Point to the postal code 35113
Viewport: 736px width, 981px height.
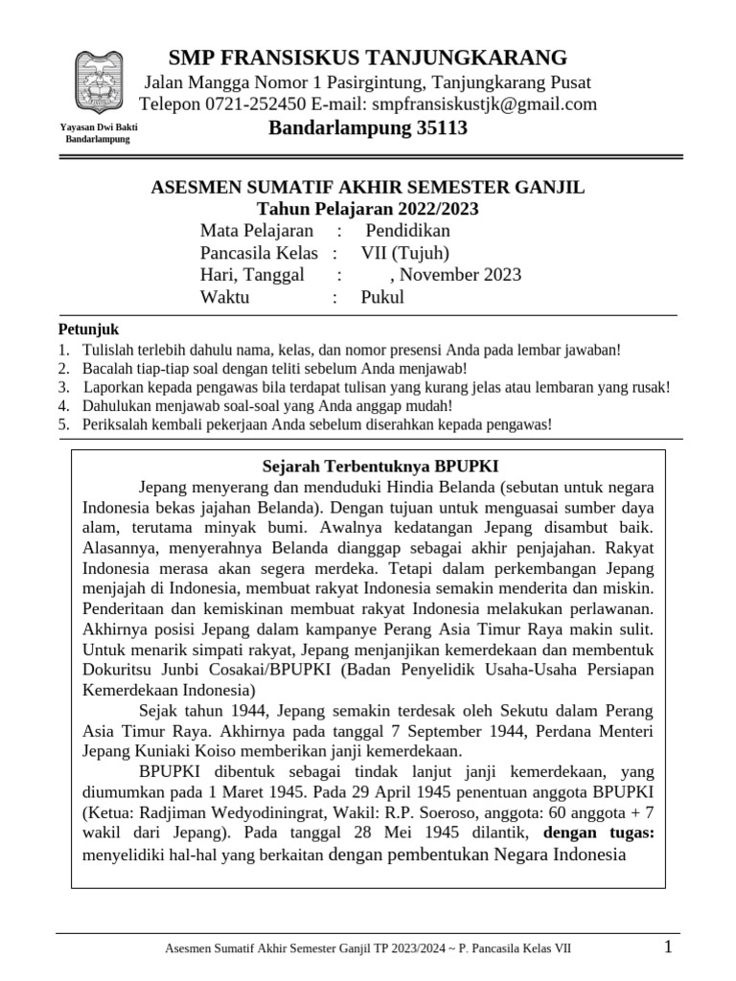point(436,128)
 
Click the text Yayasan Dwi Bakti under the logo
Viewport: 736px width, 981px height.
point(96,127)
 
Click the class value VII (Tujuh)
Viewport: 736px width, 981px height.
point(403,253)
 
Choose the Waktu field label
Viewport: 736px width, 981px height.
point(224,297)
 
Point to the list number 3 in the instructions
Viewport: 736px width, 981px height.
point(62,387)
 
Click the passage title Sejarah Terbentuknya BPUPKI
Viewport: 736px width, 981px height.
point(380,466)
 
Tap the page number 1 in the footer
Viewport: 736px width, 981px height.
point(668,948)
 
